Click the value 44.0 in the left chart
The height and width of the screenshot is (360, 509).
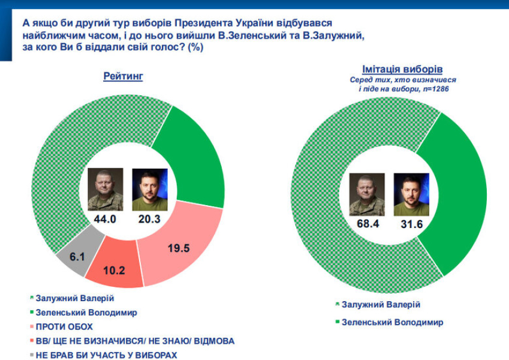click(x=106, y=219)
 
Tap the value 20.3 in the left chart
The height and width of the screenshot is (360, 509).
click(x=150, y=219)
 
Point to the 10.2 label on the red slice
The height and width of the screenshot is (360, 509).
click(x=114, y=269)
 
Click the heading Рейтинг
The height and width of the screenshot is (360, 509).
click(x=123, y=76)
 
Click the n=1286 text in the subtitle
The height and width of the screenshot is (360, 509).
click(x=434, y=89)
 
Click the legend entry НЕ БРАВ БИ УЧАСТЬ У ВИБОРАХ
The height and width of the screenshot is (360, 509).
click(x=107, y=355)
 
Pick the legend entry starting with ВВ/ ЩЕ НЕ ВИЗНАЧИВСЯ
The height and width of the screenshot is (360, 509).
click(x=135, y=341)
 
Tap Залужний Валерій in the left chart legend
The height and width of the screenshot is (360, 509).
click(x=74, y=298)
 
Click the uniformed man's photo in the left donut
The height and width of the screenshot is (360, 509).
click(x=106, y=189)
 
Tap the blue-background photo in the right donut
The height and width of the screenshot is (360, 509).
click(x=411, y=194)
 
